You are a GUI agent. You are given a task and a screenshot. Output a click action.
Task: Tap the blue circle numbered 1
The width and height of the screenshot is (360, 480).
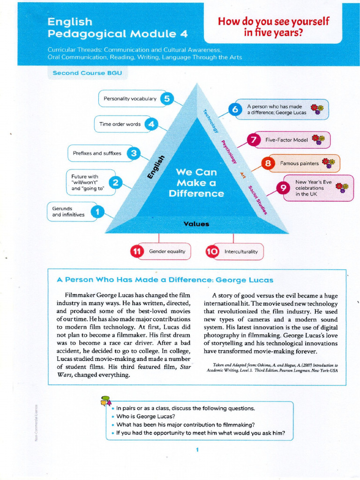pyautogui.click(x=97, y=212)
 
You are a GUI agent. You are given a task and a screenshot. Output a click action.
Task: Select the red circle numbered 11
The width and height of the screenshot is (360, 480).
pyautogui.click(x=137, y=252)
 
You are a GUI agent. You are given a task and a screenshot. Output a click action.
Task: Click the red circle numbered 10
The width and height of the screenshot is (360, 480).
pyautogui.click(x=212, y=252)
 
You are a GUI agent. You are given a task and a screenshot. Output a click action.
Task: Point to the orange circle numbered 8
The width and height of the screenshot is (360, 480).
pyautogui.click(x=268, y=164)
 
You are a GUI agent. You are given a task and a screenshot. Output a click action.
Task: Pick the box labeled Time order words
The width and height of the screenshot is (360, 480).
pyautogui.click(x=120, y=124)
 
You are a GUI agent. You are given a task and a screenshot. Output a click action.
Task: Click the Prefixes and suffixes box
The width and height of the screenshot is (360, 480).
pyautogui.click(x=97, y=153)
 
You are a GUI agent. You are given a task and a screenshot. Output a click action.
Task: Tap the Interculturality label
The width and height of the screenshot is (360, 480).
pyautogui.click(x=241, y=252)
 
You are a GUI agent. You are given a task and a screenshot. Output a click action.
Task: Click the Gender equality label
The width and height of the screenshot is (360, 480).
pyautogui.click(x=167, y=252)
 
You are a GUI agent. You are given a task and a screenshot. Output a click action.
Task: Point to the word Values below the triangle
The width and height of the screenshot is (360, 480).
pyautogui.click(x=196, y=224)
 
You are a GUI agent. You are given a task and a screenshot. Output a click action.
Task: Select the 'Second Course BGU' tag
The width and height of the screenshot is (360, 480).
pyautogui.click(x=87, y=73)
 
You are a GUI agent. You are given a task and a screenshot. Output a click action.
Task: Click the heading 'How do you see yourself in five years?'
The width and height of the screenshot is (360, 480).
pyautogui.click(x=274, y=27)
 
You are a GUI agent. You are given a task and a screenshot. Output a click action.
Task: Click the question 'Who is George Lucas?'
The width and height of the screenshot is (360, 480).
pyautogui.click(x=146, y=416)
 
